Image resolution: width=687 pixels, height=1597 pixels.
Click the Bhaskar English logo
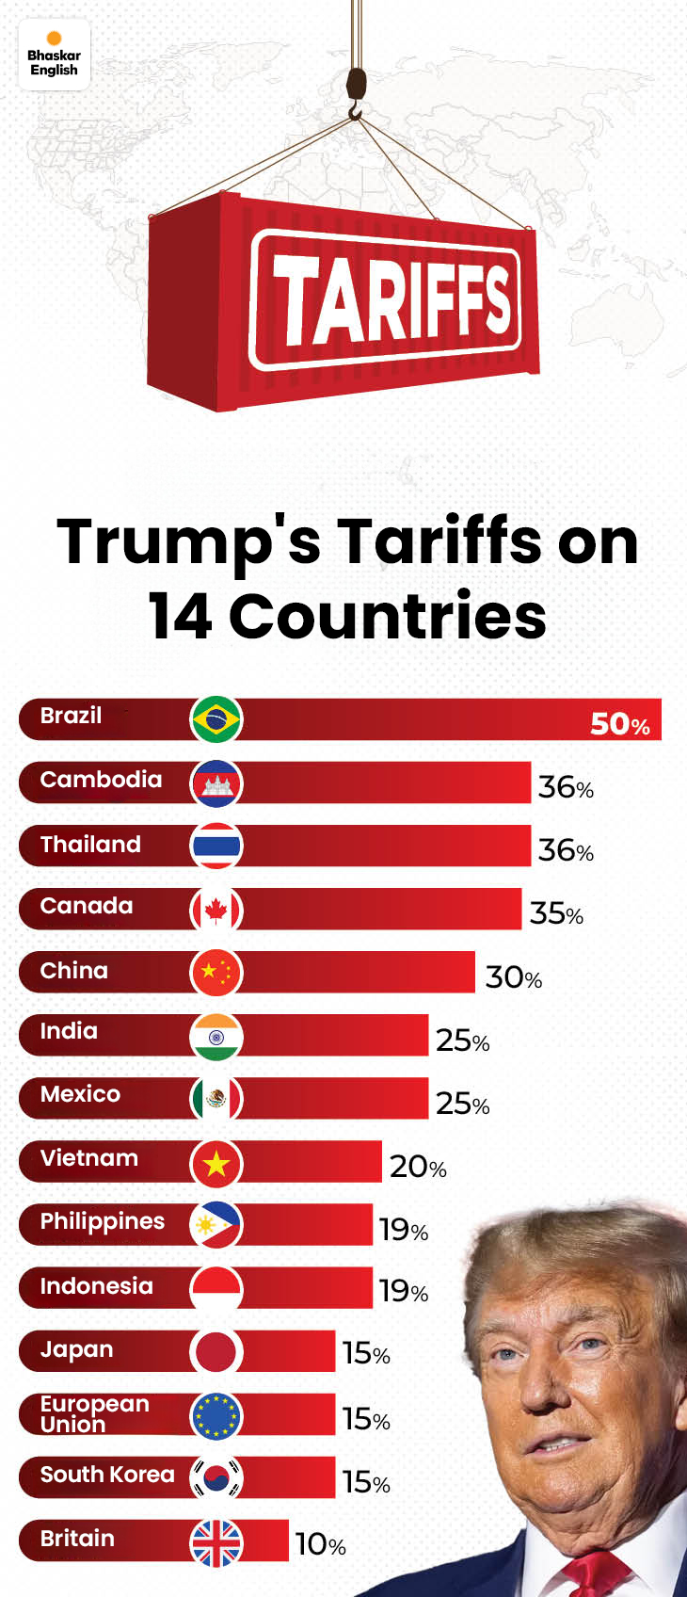point(54,56)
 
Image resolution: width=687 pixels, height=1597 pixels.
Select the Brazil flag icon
point(216,720)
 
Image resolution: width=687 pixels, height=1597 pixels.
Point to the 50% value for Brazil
point(619,723)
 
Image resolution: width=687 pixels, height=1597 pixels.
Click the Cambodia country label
point(101,780)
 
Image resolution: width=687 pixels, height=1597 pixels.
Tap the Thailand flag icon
point(216,847)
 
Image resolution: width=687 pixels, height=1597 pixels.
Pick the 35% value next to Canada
point(556,913)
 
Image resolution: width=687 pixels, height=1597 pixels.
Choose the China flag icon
point(216,973)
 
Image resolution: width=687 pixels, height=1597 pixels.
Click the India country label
point(69,1031)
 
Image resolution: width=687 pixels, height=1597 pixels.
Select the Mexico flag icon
point(216,1099)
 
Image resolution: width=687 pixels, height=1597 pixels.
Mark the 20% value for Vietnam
point(418,1167)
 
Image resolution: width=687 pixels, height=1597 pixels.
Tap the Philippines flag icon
point(216,1225)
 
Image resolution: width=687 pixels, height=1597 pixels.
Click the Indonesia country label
point(96,1286)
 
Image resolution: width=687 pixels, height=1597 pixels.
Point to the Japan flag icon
point(216,1352)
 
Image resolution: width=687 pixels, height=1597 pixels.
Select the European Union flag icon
point(216,1415)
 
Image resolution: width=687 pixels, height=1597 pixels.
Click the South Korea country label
point(107,1475)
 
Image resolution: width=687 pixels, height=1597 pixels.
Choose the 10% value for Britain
point(321,1544)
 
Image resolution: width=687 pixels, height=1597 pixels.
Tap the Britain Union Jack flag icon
point(216,1542)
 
